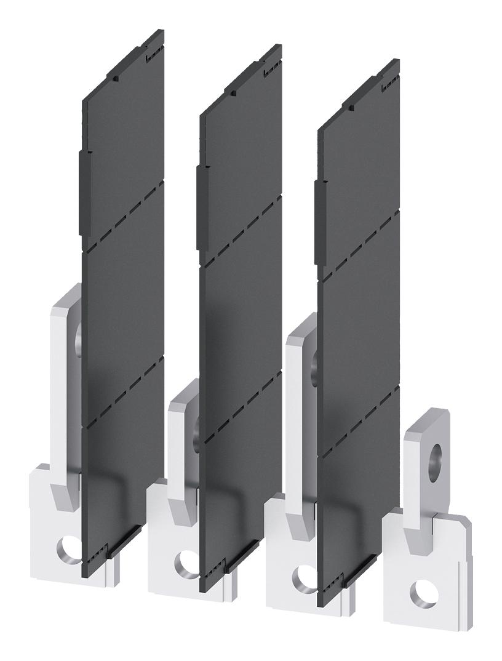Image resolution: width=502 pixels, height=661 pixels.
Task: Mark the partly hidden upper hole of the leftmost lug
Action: (x=78, y=337)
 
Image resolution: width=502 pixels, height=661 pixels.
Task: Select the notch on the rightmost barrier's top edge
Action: (x=351, y=107)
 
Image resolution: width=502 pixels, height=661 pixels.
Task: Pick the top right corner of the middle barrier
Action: (x=281, y=47)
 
